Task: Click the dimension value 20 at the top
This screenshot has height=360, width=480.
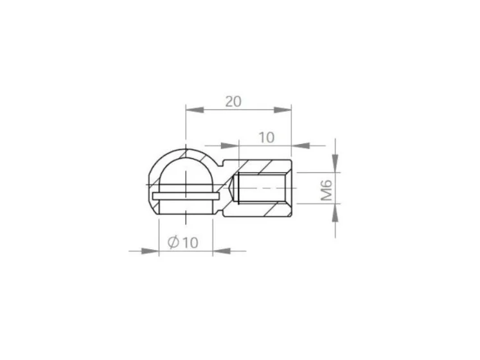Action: point(233,102)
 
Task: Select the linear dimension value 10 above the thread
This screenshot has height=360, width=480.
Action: point(267,138)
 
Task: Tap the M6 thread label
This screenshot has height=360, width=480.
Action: point(326,190)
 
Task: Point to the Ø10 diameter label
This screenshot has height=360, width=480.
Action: point(183,242)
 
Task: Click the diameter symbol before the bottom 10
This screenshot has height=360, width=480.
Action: point(173,242)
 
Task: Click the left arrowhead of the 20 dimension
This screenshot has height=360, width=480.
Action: point(195,110)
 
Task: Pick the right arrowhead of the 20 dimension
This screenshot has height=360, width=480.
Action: point(283,110)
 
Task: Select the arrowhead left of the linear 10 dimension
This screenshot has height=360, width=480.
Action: point(229,146)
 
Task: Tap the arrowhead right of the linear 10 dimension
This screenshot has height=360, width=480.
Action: point(300,146)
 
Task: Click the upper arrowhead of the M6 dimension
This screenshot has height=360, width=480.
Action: point(335,163)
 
